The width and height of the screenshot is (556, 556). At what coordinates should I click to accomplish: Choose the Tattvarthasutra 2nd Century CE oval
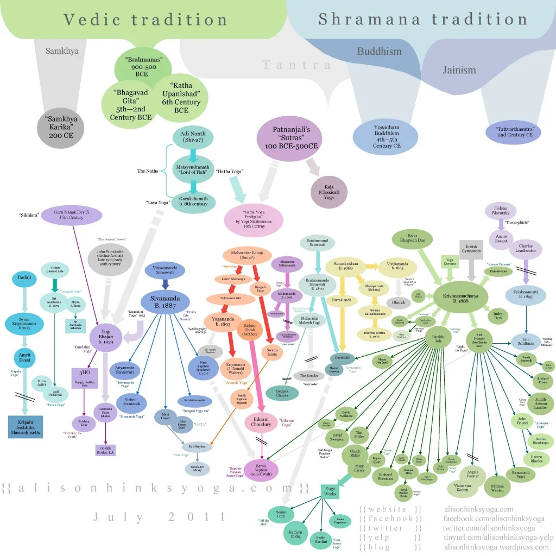pos(514,132)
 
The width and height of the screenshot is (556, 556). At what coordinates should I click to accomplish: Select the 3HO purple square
pos(80,376)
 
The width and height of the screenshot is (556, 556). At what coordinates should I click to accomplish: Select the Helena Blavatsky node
pos(500,212)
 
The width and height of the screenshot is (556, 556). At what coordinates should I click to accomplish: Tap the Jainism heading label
pos(459,69)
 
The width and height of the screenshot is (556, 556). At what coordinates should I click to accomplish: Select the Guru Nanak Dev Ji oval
pos(75,214)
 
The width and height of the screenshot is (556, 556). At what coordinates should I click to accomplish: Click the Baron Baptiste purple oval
pos(261,470)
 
